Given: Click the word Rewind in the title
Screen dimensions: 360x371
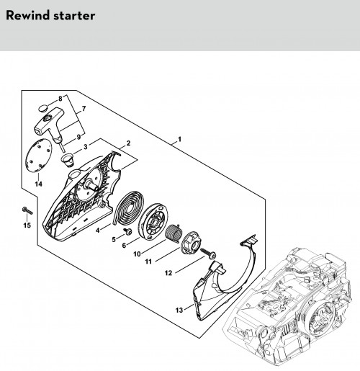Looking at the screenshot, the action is [x=28, y=15].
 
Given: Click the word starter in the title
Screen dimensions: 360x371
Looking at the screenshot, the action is [x=74, y=16].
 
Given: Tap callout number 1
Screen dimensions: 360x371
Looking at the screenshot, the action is [x=179, y=139].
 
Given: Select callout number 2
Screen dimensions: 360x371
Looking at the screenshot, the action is [x=128, y=143].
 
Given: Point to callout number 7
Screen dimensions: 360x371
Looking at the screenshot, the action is [x=84, y=109].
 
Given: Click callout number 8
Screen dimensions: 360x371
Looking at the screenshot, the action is [x=60, y=99].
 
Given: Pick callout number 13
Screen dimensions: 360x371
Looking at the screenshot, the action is [x=179, y=310].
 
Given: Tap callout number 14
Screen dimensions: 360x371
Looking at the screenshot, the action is [x=38, y=184].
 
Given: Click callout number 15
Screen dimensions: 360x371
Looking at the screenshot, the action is [x=27, y=225].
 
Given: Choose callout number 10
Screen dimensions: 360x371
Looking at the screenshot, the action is [x=137, y=254].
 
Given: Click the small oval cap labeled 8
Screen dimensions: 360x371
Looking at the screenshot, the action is [x=42, y=108].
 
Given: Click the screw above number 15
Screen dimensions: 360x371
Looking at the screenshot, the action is [x=27, y=210].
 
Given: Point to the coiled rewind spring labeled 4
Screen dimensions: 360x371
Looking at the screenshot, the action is [x=128, y=207].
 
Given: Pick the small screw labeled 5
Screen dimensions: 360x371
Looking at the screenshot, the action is [x=128, y=231].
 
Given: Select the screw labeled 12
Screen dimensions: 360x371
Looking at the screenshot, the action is [x=208, y=253].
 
